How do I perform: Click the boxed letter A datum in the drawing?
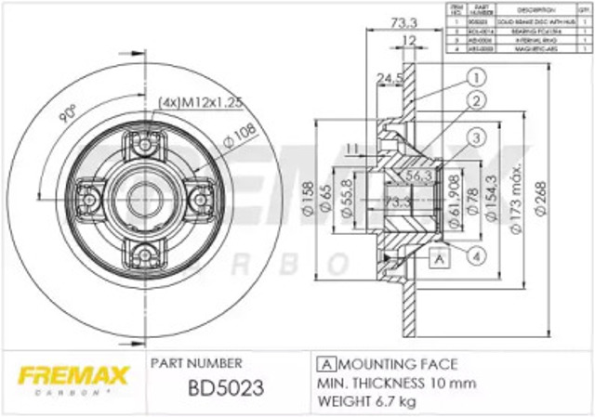pos(434,261)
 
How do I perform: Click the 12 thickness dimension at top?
pos(409,40)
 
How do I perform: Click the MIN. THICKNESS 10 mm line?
pos(395,383)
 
